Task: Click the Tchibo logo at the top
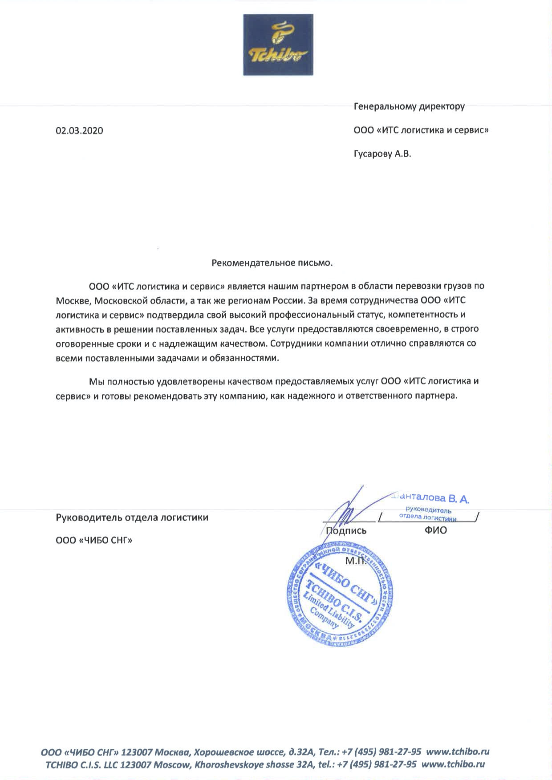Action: coord(278,44)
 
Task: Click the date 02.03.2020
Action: coord(79,131)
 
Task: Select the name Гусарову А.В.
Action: coord(382,154)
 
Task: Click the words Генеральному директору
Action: coord(409,107)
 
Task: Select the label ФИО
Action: coord(436,530)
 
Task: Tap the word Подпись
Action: coord(346,531)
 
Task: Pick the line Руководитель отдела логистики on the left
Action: coord(132,517)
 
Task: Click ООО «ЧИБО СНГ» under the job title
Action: coord(94,541)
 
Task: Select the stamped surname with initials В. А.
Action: coord(431,498)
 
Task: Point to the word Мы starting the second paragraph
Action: coord(95,381)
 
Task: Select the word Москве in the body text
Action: coord(73,300)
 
